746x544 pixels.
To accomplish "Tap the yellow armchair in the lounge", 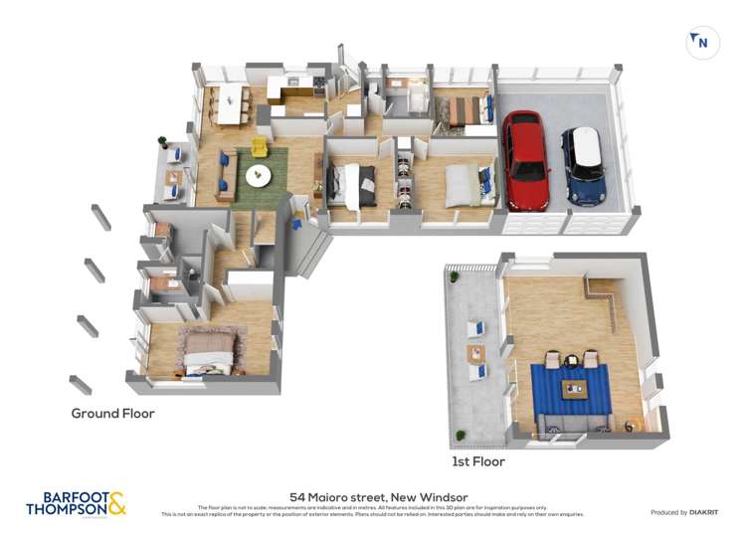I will click(259, 147).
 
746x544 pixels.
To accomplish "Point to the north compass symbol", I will click(702, 42).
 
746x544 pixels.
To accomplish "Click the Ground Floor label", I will click(112, 413).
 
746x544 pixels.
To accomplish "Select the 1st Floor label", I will click(478, 461).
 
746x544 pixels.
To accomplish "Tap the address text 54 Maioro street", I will click(378, 497).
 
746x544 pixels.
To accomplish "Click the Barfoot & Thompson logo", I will click(77, 503).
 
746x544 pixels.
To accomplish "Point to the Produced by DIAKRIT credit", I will click(684, 512).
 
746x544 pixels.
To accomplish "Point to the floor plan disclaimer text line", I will click(373, 510).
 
